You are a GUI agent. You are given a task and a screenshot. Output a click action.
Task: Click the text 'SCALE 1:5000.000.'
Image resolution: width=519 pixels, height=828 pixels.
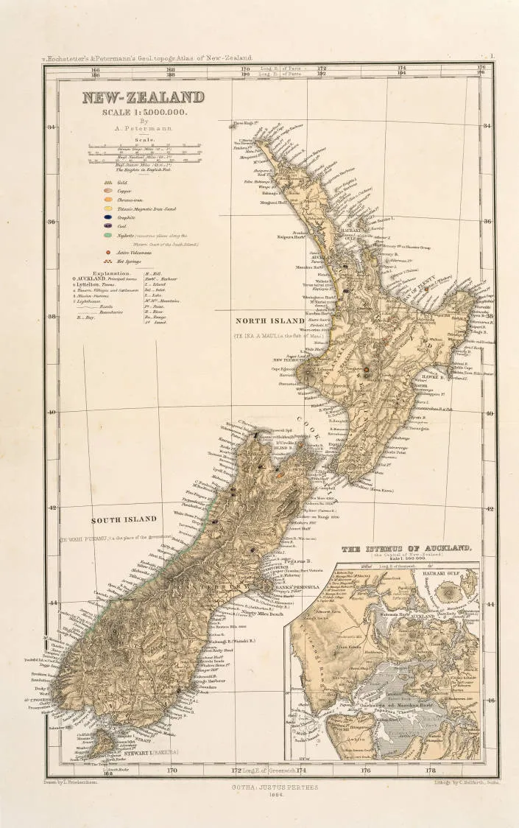(144, 112)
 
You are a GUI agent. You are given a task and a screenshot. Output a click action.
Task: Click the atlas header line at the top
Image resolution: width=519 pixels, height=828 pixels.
(147, 57)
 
